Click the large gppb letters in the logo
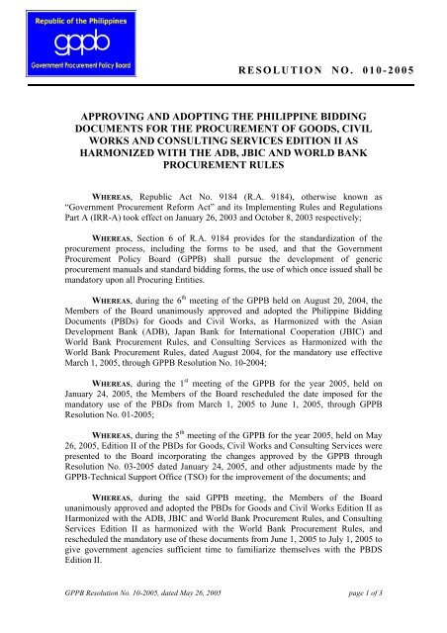click(x=62, y=45)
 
